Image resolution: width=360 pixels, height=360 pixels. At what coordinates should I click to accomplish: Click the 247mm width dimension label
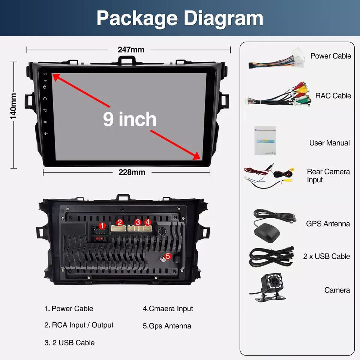[131, 49]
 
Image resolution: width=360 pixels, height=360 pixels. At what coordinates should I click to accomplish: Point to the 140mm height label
[13, 106]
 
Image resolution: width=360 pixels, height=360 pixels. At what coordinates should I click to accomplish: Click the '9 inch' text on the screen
[130, 119]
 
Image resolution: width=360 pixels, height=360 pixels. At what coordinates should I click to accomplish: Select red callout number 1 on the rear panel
[102, 225]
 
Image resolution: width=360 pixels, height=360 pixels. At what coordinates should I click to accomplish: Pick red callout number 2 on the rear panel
[120, 222]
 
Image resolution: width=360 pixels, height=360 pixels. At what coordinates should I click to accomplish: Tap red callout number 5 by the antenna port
[168, 256]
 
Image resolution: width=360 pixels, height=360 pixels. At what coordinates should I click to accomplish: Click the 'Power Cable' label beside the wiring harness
[330, 56]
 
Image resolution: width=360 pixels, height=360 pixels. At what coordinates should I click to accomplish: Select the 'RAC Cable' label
[333, 96]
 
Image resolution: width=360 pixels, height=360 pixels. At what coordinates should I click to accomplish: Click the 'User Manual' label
[329, 143]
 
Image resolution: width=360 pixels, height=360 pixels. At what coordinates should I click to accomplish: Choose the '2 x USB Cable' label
[326, 256]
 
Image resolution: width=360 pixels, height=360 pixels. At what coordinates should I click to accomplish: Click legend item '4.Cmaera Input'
[168, 309]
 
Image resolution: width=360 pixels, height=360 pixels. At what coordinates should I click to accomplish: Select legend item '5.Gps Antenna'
[167, 326]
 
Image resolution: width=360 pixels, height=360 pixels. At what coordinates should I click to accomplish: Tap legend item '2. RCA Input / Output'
[79, 325]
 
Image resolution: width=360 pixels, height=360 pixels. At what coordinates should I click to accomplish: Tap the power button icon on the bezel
[45, 87]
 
